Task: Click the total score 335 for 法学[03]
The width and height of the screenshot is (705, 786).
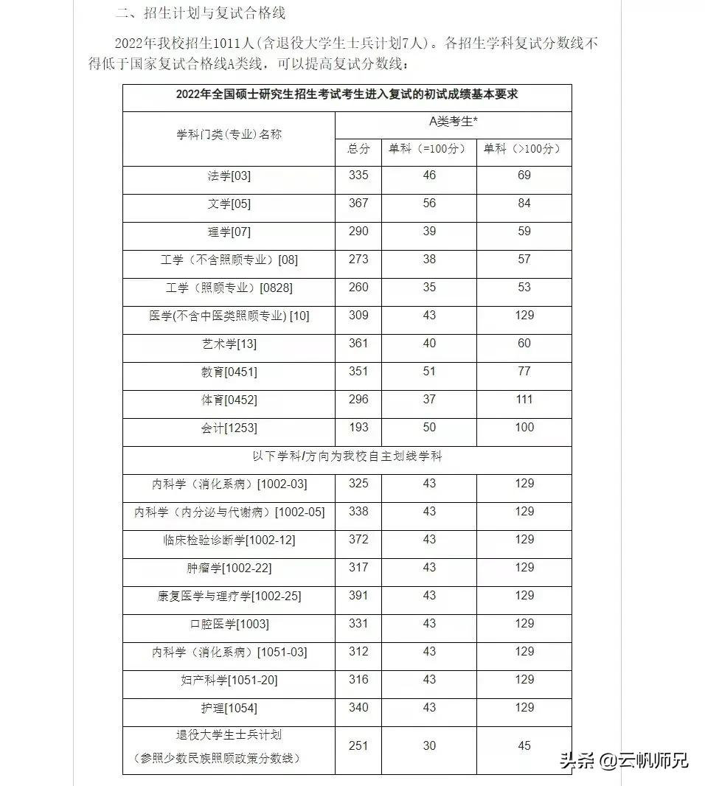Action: (358, 175)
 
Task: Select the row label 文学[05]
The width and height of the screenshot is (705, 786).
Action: (229, 204)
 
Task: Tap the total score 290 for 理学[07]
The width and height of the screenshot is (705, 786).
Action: (358, 232)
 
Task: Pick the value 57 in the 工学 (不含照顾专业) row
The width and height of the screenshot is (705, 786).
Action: (524, 260)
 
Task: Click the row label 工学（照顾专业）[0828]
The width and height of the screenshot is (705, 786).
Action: (229, 288)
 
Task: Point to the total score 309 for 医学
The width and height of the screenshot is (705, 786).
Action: (358, 316)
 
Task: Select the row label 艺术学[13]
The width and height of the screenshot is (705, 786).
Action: (229, 344)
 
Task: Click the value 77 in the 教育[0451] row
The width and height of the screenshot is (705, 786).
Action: (524, 372)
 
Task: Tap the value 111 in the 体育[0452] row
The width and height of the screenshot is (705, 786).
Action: (524, 400)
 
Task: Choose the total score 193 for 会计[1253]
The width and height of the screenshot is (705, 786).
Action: (358, 428)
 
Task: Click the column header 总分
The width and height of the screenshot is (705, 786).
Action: (358, 149)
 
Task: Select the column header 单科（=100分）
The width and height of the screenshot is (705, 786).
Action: (428, 149)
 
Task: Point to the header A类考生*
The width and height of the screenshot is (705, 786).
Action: (453, 122)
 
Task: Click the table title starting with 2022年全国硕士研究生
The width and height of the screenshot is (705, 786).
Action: (347, 94)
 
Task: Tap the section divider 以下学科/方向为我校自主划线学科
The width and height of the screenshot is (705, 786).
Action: (347, 456)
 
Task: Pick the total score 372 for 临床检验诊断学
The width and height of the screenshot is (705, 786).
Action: (358, 540)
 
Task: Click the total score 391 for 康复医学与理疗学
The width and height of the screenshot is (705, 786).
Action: (358, 596)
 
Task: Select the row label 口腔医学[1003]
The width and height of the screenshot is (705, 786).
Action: (229, 625)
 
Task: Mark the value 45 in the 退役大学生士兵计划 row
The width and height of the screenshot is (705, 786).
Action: (524, 746)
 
